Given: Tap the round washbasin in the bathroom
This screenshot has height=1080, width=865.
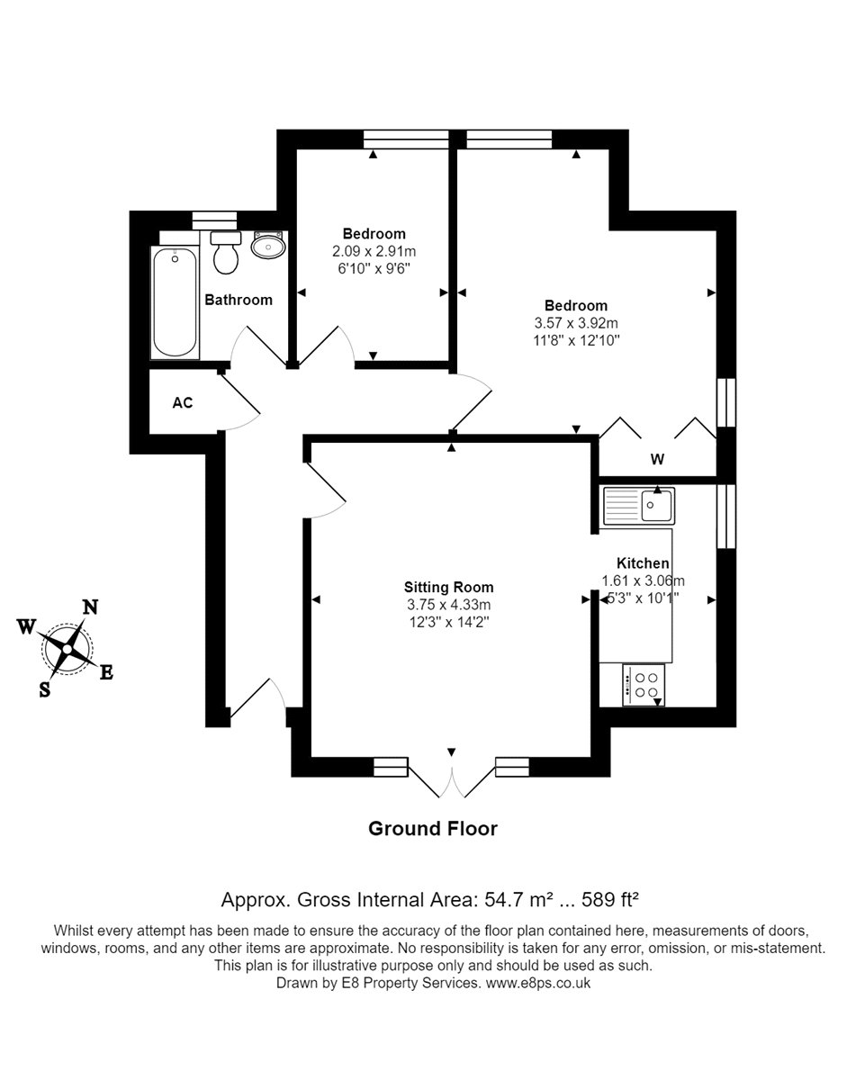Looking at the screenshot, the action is click(x=268, y=246).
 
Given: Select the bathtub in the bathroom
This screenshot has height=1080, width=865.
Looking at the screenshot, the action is click(x=175, y=302).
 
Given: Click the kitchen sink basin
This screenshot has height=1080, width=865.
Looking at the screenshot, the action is click(x=656, y=506).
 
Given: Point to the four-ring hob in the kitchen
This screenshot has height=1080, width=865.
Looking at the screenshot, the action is click(x=644, y=685).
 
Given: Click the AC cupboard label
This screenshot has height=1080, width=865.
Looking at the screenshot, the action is click(x=182, y=402).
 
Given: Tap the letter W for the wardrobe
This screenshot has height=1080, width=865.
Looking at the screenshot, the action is click(x=657, y=459).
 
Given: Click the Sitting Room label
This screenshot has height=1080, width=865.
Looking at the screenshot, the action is click(x=448, y=587).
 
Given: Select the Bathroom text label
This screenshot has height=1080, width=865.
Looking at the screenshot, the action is click(x=239, y=300).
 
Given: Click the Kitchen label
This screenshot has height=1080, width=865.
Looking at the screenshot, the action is click(x=643, y=563).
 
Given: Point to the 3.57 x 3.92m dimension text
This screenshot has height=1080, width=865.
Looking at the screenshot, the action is click(x=576, y=323).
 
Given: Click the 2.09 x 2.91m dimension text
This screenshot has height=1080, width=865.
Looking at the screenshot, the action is click(x=374, y=251).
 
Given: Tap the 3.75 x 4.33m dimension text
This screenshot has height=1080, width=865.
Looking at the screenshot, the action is click(x=448, y=605).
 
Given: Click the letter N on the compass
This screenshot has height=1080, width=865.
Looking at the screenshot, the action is click(x=90, y=607).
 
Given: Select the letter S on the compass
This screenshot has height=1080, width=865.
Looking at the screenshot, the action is click(x=45, y=689).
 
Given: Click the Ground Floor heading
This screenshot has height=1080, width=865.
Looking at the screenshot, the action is click(x=433, y=829).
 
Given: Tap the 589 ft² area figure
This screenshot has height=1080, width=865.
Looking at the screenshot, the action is click(x=610, y=900).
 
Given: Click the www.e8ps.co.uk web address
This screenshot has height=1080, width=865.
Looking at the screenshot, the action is click(x=537, y=996).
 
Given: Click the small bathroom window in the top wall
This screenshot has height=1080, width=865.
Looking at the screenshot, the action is click(x=214, y=220).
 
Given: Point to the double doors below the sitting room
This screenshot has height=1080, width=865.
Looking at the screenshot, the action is click(x=451, y=777).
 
